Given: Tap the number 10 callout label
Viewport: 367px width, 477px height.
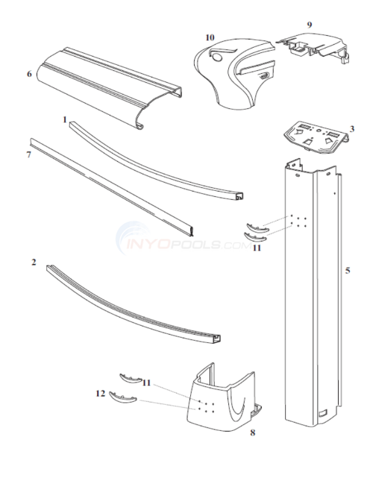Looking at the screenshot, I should point(189,37).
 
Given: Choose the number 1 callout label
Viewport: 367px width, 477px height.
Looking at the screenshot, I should point(65,119).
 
